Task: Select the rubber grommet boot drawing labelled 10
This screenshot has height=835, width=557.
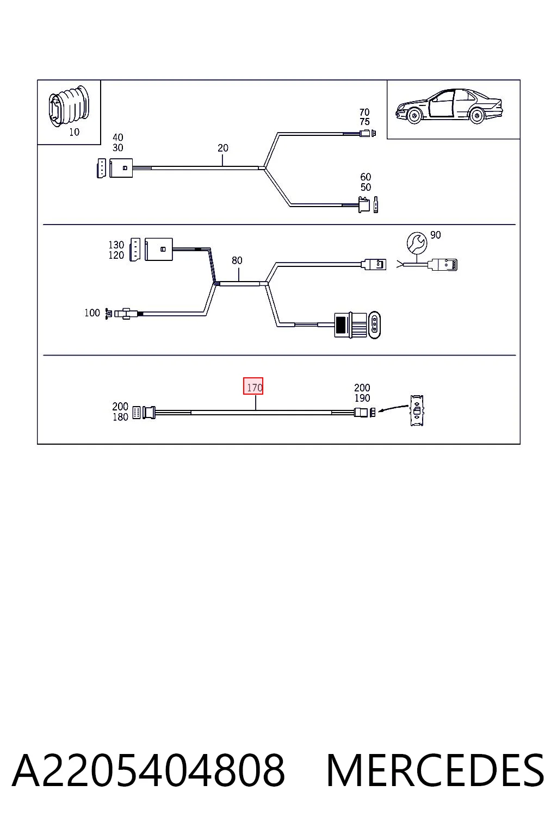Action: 69,106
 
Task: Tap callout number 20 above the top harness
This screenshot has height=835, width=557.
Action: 222,148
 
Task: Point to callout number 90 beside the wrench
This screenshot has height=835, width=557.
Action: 435,235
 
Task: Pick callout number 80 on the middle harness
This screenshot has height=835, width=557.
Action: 237,260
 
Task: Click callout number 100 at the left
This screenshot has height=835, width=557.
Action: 92,313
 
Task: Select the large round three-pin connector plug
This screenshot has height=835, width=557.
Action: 357,326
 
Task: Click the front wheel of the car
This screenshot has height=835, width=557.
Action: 414,116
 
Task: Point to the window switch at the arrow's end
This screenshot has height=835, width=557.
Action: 417,411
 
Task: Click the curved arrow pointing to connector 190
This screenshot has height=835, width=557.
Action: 393,408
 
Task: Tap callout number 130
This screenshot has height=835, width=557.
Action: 116,245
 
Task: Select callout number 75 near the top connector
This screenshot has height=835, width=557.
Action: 364,122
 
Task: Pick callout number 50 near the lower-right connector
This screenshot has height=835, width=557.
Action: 366,187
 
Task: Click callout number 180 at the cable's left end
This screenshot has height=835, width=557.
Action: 120,417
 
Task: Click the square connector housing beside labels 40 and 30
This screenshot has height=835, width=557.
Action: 121,168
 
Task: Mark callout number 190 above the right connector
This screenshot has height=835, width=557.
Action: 362,398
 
